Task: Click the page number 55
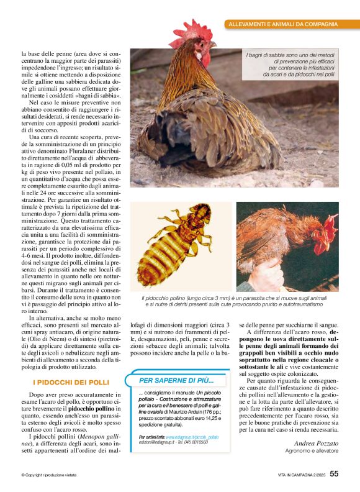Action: coord(334,473)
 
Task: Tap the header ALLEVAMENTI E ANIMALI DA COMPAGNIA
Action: coord(283,24)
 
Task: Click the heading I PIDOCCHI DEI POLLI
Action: coord(71,382)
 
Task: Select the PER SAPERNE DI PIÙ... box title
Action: coord(176,380)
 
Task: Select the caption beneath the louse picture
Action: coord(234,302)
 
